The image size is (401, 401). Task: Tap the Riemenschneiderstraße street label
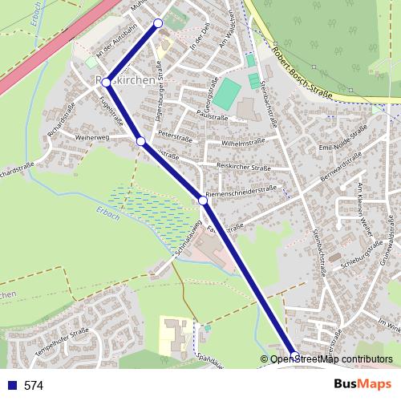(241, 192)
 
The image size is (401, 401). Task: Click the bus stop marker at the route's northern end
(158, 23)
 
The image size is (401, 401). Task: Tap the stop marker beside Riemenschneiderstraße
(204, 200)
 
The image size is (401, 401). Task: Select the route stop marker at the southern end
(294, 355)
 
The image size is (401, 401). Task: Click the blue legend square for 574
(10, 386)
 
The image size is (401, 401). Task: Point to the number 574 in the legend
(34, 386)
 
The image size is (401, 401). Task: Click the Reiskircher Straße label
(243, 167)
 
